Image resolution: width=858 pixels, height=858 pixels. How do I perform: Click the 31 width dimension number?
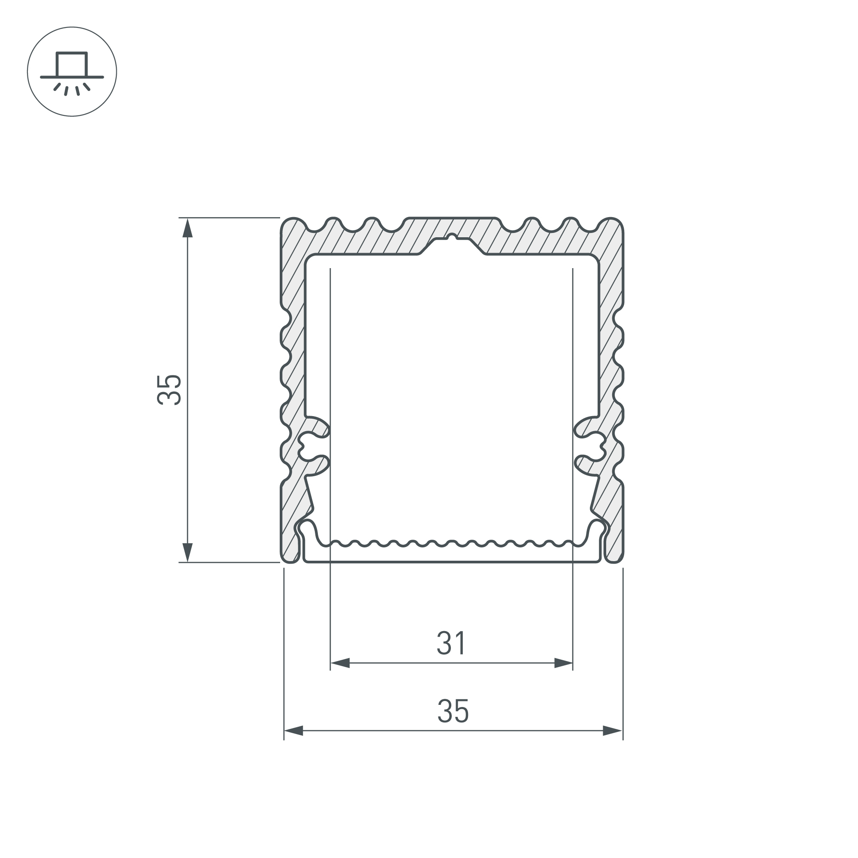(451, 643)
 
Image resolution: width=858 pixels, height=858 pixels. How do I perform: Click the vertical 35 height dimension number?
(169, 390)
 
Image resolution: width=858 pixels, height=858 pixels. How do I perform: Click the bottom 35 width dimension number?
(453, 711)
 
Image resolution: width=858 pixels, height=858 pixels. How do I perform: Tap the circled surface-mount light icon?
(72, 72)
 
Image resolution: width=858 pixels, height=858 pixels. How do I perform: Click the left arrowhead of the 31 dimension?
(340, 664)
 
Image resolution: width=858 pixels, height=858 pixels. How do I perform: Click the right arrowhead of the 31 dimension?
(563, 664)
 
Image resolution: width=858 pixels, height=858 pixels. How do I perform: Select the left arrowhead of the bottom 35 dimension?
(293, 731)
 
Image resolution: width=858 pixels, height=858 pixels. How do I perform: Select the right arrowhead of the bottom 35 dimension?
(613, 731)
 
